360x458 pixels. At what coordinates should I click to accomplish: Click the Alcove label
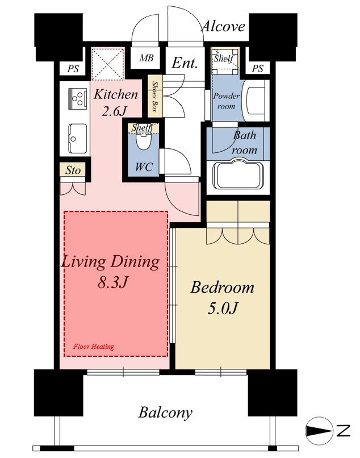pos(223,27)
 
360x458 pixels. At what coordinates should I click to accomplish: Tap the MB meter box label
pos(146,58)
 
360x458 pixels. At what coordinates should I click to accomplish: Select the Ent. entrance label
pos(185,63)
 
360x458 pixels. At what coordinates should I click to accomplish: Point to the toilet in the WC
pos(143,141)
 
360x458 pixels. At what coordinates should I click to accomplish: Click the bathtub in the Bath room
pos(238,174)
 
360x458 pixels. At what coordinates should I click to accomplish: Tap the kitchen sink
pos(77,139)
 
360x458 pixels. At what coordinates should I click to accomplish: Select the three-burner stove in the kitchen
pos(77,98)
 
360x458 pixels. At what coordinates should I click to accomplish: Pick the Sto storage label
pos(73,170)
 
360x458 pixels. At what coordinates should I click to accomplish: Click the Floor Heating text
pos(94,347)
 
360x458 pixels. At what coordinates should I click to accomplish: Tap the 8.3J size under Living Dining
pos(112,282)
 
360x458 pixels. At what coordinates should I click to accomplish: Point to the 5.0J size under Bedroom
pos(223,308)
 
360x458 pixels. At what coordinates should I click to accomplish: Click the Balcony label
pos(165,413)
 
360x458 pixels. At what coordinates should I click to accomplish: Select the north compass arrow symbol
pos(319,431)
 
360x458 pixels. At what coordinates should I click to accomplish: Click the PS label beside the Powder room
pos(258,69)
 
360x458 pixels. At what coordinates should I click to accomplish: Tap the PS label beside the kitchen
pos(73,69)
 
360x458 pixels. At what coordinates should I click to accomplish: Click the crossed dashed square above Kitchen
pos(108,64)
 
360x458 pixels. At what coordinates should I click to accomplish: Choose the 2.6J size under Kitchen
pos(115,111)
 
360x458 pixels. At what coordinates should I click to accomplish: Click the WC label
pos(144,167)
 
